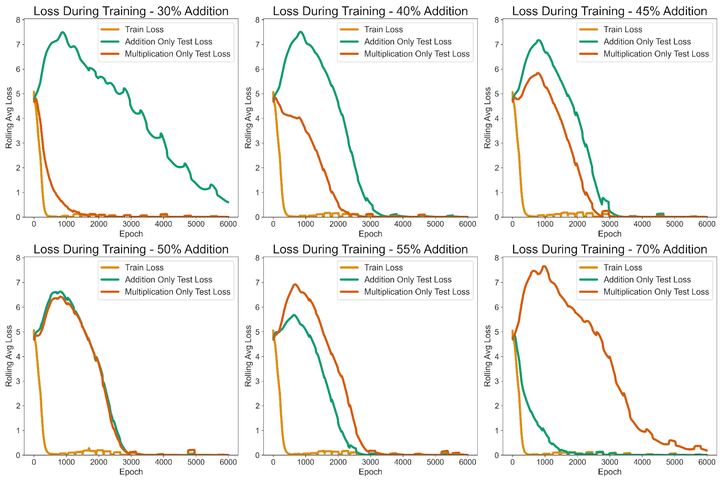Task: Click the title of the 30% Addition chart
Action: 131,11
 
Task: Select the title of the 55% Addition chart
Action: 370,249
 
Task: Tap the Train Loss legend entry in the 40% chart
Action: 383,29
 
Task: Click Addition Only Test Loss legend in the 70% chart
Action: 647,279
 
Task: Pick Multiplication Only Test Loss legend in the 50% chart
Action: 177,292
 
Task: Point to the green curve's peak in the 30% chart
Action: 63,32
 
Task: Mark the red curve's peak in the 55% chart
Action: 295,284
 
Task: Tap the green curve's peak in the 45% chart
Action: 538,40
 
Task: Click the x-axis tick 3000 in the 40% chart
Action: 370,224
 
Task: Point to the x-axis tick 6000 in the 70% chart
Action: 707,462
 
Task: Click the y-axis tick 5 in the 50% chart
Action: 18,331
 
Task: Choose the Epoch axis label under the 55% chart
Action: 370,472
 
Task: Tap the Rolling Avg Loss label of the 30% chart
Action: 9,118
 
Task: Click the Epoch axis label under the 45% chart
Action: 610,234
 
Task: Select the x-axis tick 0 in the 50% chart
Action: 34,462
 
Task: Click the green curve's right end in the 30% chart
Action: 228,202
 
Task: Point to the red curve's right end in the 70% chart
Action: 707,450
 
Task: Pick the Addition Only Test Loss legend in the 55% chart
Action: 407,279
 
